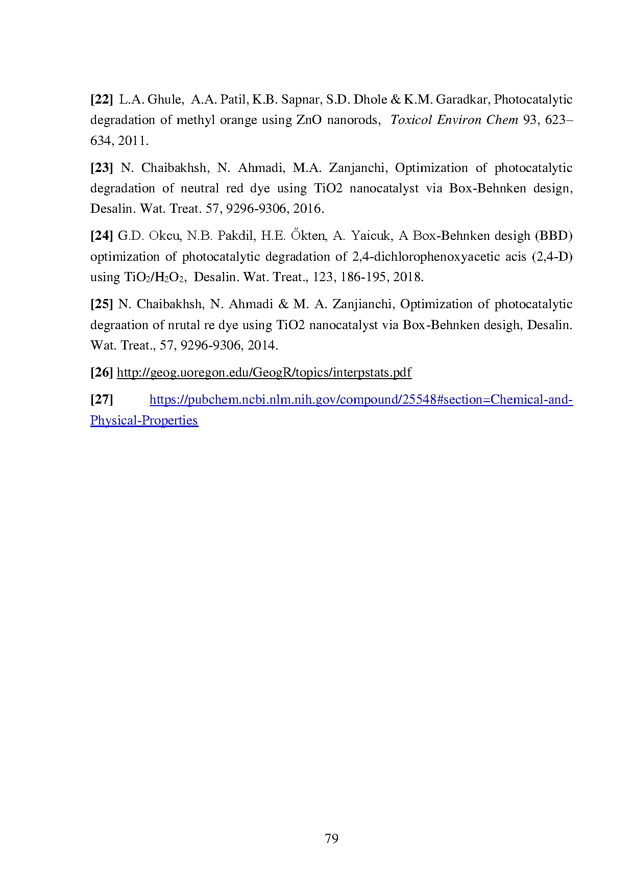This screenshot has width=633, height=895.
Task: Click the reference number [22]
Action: coord(102,100)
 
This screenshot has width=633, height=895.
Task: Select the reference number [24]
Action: coord(102,236)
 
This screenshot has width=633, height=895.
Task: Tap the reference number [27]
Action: coord(102,400)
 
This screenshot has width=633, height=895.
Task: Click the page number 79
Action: coord(331,839)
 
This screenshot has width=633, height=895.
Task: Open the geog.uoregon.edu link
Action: coord(264,372)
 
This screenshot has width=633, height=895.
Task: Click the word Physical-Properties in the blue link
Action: coord(144,420)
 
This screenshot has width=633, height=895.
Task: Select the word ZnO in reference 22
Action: coord(308,120)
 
